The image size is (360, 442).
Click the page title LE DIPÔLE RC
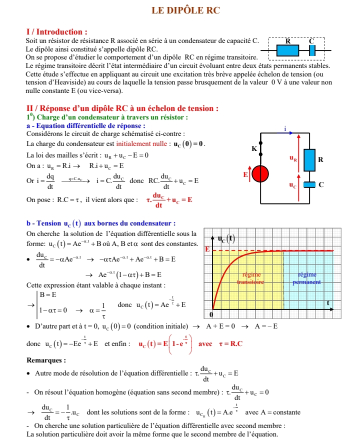click(x=185, y=10)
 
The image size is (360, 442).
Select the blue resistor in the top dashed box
click(x=287, y=50)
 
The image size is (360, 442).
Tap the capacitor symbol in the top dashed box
click(x=312, y=50)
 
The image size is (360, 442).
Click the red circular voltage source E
click(x=258, y=174)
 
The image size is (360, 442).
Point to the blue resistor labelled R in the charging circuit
click(x=309, y=159)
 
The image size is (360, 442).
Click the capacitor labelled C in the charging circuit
click(x=309, y=185)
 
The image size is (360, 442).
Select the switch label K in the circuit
click(x=254, y=148)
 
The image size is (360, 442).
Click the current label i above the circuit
click(x=285, y=129)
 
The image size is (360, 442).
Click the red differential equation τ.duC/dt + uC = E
click(x=169, y=199)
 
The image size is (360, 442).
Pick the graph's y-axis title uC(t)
click(x=226, y=238)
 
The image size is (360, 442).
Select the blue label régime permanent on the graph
click(x=306, y=278)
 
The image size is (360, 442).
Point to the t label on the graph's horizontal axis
click(x=328, y=303)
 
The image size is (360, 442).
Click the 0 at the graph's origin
click(x=211, y=315)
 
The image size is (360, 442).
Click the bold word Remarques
click(x=46, y=360)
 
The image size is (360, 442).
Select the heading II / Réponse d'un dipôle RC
click(x=122, y=108)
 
